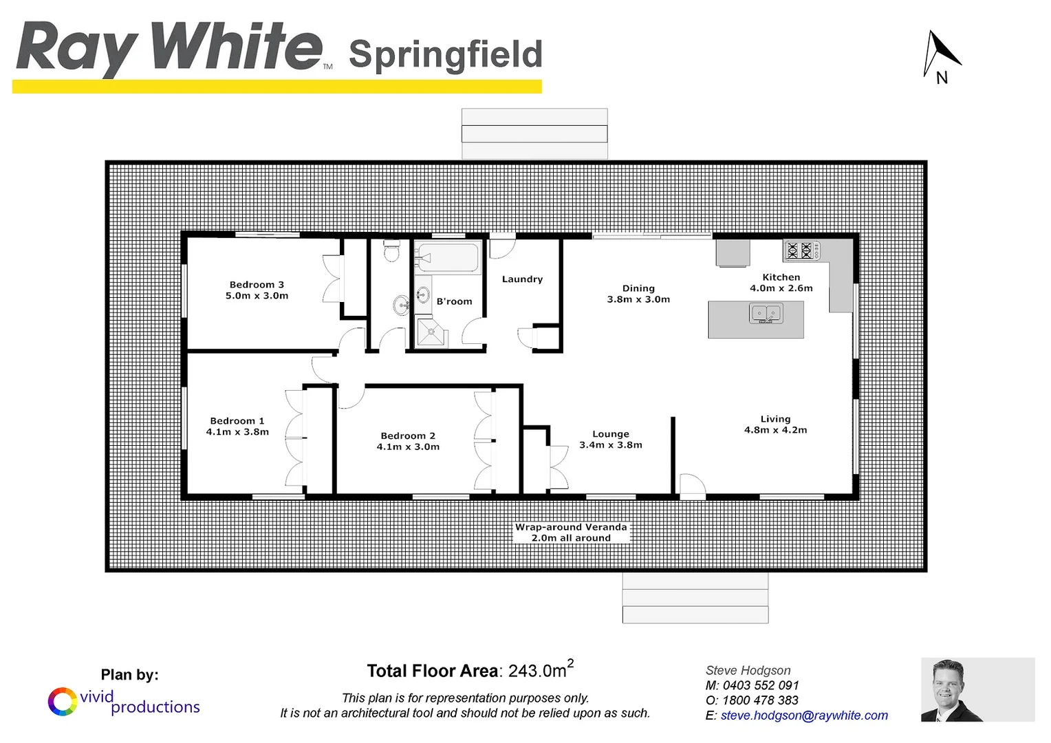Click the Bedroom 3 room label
tap(257, 285)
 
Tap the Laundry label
tap(522, 279)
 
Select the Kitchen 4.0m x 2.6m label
tap(781, 283)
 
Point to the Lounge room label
tap(611, 434)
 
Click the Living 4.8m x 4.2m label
tap(775, 424)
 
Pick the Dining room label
tap(638, 288)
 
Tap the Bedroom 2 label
tap(408, 435)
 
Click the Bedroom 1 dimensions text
tap(237, 432)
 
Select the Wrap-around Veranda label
tap(571, 528)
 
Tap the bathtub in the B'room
tap(448, 259)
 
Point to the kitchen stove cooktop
tap(801, 250)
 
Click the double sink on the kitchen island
tap(766, 314)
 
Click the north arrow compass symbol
tap(940, 56)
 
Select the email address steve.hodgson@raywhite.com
tap(804, 715)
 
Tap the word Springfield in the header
tap(446, 54)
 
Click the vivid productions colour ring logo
tap(62, 702)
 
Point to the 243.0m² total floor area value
tap(539, 670)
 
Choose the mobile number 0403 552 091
tap(760, 685)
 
